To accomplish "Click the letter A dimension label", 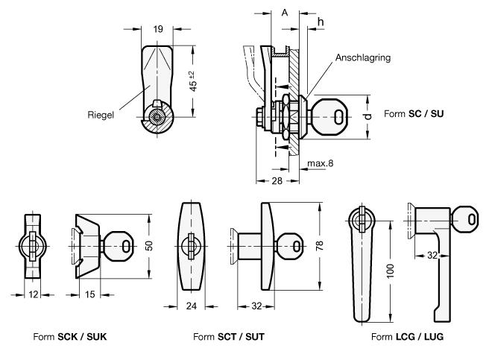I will [284, 13].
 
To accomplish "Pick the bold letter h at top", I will [321, 22].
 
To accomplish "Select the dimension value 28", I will [277, 181].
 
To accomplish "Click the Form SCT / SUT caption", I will [229, 336].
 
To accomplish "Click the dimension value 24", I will [192, 306].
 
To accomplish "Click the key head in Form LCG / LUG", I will [468, 218].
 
